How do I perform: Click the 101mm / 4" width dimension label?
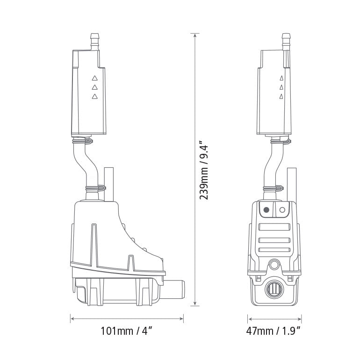point(127,332)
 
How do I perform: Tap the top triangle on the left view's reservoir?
point(95,79)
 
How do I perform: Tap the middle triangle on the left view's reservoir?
point(95,87)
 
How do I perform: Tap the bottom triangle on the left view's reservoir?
point(95,96)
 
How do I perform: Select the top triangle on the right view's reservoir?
point(281,79)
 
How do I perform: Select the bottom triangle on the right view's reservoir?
point(281,96)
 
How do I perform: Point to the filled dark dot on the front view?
point(266,210)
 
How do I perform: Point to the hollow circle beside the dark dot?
point(282,210)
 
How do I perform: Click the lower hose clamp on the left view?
point(95,189)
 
